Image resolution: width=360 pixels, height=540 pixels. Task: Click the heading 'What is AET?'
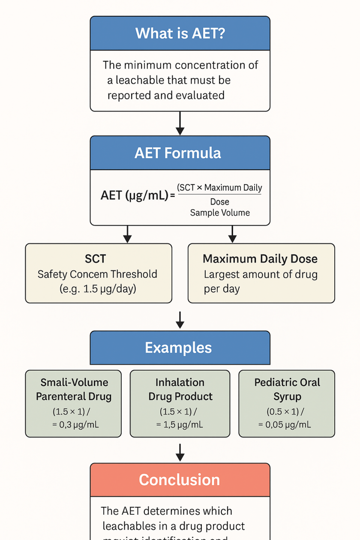(x=180, y=33)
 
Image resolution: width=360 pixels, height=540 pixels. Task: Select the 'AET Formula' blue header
(x=178, y=153)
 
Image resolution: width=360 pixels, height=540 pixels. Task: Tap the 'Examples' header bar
(x=178, y=348)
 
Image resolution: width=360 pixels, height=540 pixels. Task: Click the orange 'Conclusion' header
(x=179, y=480)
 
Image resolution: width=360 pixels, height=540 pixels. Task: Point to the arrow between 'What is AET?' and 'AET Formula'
(x=180, y=123)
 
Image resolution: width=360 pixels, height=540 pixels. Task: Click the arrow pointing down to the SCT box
(x=127, y=234)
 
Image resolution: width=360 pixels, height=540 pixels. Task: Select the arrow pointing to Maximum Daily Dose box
(x=232, y=234)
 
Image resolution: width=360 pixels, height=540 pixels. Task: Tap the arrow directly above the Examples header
(x=180, y=319)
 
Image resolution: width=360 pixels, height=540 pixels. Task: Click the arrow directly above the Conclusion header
(x=180, y=452)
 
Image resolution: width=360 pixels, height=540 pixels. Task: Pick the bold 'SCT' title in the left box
(x=96, y=259)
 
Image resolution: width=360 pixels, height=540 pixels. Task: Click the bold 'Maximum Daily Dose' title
(x=260, y=259)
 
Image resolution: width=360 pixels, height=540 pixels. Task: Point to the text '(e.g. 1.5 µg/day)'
(x=98, y=288)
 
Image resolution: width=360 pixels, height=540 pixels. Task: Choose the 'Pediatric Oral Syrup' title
(x=287, y=389)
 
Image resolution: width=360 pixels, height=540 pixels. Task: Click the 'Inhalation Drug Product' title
(x=180, y=389)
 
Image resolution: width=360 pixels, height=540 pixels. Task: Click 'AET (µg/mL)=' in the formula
(x=138, y=195)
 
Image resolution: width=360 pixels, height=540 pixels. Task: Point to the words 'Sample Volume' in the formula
(x=220, y=213)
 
